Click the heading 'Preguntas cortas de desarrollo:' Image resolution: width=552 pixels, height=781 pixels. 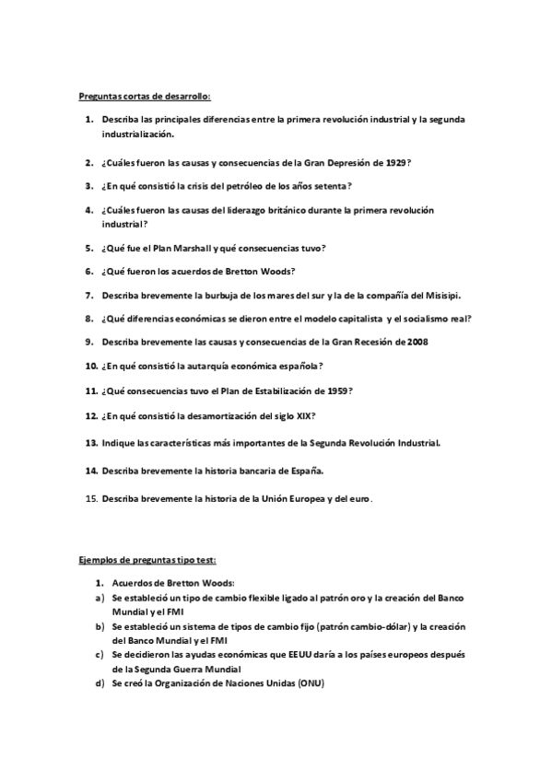tap(145, 96)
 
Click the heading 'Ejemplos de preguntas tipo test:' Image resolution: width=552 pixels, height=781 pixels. tap(147, 559)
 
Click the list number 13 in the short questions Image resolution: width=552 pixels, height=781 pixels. tap(91, 443)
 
